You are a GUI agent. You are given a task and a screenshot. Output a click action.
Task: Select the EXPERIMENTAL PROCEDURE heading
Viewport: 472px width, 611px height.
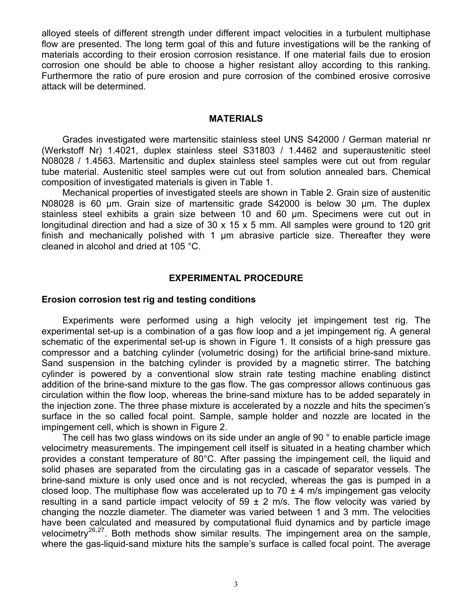[236, 278]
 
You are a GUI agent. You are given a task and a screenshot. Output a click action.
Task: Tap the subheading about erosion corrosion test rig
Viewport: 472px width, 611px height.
[149, 300]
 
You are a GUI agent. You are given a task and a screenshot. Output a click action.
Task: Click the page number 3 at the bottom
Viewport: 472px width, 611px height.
[236, 585]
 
